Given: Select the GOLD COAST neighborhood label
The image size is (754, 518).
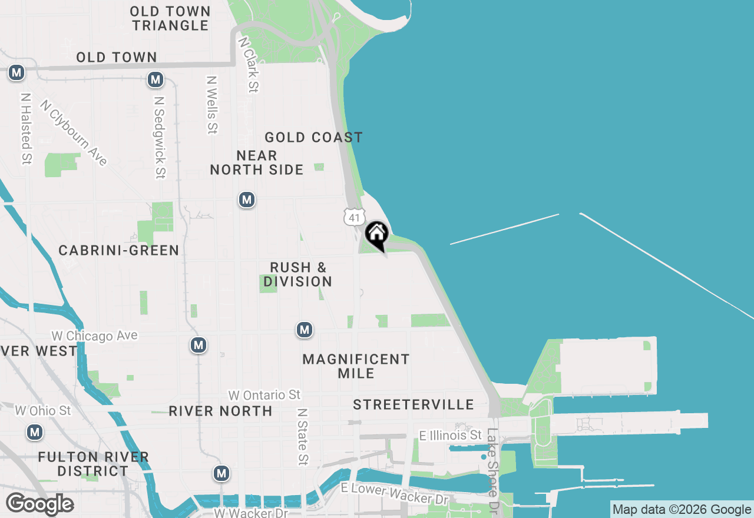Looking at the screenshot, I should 313,138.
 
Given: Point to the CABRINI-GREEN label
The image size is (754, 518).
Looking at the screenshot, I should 119,251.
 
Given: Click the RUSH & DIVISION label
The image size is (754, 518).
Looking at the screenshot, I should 298,274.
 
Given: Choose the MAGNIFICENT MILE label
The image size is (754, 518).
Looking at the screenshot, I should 356,366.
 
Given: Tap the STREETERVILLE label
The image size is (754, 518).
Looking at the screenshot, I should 414,404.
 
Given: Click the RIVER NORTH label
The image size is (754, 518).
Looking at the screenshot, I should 221,411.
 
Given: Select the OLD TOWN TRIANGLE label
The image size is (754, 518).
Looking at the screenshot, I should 170,18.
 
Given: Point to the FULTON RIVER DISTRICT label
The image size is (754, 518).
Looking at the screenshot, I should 93,464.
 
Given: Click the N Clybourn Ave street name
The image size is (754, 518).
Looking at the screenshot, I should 74,132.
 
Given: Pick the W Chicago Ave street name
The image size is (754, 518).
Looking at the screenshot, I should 94,336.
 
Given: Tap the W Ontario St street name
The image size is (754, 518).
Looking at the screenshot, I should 264,395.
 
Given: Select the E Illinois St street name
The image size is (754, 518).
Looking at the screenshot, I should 450,436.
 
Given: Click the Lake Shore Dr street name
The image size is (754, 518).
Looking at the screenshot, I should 492,469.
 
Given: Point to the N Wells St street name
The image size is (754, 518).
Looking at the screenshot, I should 212,104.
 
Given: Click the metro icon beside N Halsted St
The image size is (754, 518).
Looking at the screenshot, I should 16,73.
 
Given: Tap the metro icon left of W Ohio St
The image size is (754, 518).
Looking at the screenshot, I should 35,433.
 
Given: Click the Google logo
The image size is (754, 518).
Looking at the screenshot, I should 39,504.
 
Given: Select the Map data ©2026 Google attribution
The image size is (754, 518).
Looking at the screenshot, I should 682,510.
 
